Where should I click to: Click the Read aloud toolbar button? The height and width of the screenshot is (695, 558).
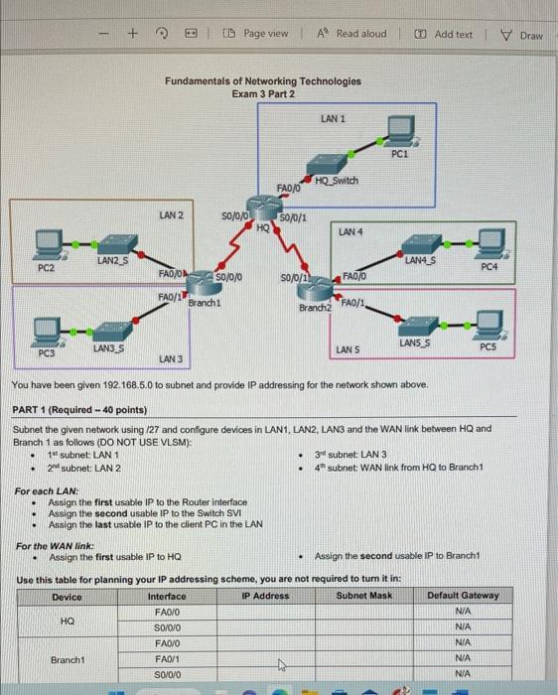(x=352, y=34)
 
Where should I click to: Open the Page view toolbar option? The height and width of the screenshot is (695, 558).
(x=256, y=34)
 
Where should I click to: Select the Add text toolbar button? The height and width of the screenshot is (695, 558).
(x=446, y=34)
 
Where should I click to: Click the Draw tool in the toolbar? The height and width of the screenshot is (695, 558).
(x=522, y=35)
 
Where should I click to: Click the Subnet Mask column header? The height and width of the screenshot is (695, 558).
(x=363, y=596)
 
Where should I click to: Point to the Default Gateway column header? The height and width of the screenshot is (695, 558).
(x=470, y=596)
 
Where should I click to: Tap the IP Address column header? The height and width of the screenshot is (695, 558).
(x=264, y=596)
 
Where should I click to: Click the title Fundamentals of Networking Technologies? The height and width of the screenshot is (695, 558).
(x=263, y=80)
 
